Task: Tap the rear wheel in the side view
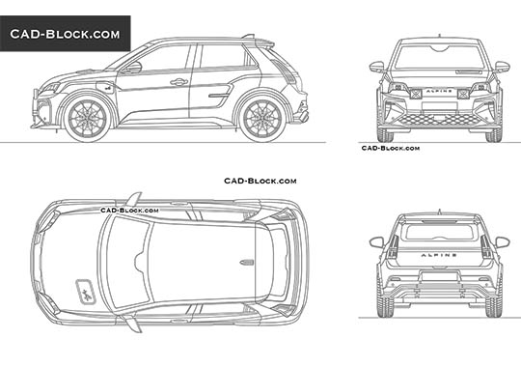click(260, 116)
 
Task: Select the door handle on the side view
click(178, 82)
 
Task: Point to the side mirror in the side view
click(133, 68)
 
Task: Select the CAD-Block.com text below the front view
click(390, 148)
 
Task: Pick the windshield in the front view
click(439, 58)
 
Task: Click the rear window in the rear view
click(439, 229)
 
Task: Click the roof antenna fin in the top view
click(246, 261)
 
